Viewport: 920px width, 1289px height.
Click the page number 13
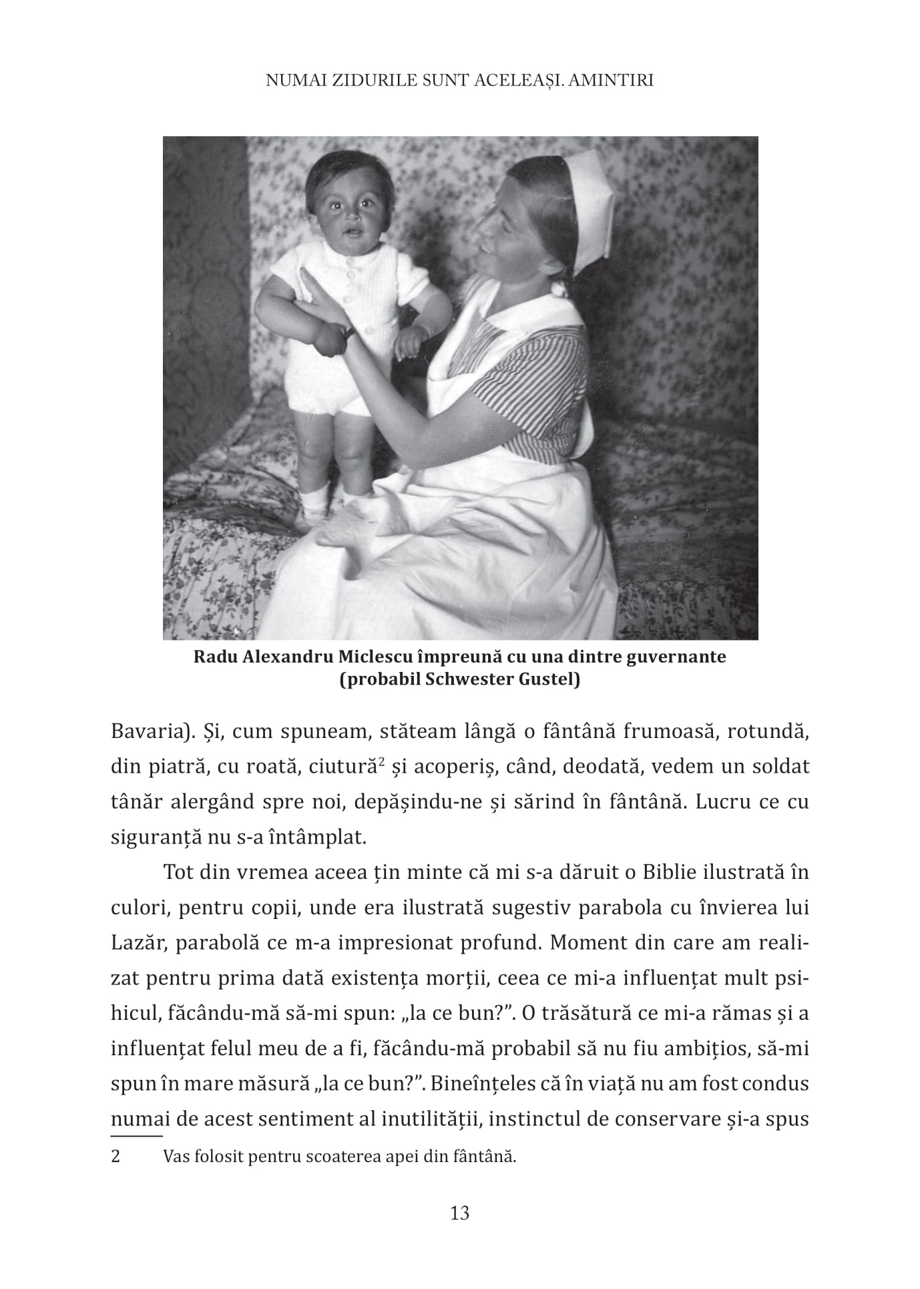(460, 1213)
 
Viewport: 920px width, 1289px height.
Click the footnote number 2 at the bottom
(116, 1157)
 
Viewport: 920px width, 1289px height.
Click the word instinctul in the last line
(541, 1119)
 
